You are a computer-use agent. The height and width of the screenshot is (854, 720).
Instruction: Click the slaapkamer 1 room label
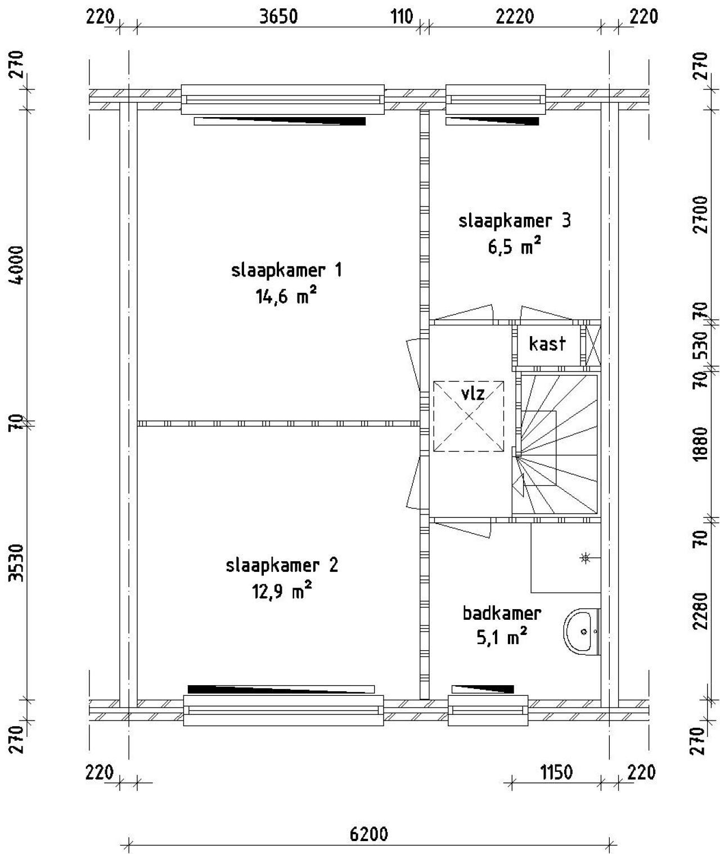pos(286,271)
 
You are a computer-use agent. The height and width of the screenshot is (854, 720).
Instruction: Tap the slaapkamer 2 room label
pos(282,565)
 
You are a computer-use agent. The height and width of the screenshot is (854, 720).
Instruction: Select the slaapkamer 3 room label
pos(514,221)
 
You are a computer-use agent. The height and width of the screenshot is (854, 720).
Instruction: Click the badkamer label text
pos(502,613)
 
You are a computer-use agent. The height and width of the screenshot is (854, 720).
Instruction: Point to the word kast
pos(547,343)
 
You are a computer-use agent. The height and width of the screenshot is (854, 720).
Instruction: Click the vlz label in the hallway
pos(472,393)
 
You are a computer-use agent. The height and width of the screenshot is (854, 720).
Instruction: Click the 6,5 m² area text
pos(514,247)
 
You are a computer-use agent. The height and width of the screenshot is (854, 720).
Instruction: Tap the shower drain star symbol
pos(586,558)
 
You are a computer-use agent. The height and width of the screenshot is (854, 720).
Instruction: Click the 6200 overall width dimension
pos(369,833)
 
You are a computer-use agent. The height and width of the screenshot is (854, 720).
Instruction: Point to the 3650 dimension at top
pos(278,17)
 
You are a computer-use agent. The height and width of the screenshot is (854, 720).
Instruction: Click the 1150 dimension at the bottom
pos(556,772)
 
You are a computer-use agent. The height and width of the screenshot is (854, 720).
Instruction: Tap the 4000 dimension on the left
pos(18,265)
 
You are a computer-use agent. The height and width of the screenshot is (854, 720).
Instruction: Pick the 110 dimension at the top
pos(402,17)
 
